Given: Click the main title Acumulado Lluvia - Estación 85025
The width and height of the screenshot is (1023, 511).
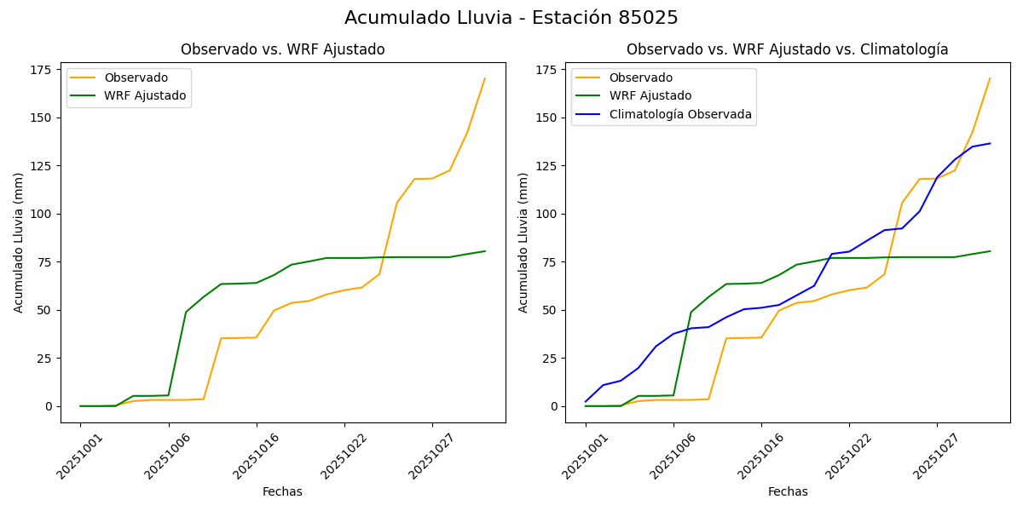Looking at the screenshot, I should click(511, 18).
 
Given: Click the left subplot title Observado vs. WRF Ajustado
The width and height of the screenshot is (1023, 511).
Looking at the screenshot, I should click(282, 49).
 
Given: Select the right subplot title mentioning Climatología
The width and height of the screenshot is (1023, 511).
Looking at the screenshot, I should click(787, 49).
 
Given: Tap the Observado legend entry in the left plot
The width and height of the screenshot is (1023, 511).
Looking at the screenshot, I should click(136, 78).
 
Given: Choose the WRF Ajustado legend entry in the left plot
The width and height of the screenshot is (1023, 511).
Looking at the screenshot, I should click(145, 95).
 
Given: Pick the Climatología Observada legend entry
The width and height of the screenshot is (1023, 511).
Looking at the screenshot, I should click(680, 114).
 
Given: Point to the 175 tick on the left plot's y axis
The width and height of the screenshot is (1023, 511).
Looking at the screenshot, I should click(43, 69).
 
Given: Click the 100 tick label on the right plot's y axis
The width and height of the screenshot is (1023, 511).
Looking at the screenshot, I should click(547, 214).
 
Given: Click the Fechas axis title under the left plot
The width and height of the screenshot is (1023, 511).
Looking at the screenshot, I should click(282, 491).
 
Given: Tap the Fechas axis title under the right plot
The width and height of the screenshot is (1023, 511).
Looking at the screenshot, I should click(787, 491).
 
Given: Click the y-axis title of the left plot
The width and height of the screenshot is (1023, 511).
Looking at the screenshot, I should click(19, 242).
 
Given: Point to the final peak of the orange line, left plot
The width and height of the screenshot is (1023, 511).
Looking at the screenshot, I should click(485, 78).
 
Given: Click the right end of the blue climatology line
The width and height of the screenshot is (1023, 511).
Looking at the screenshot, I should click(990, 143).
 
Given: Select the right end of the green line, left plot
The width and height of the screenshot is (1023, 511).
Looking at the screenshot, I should click(485, 251).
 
